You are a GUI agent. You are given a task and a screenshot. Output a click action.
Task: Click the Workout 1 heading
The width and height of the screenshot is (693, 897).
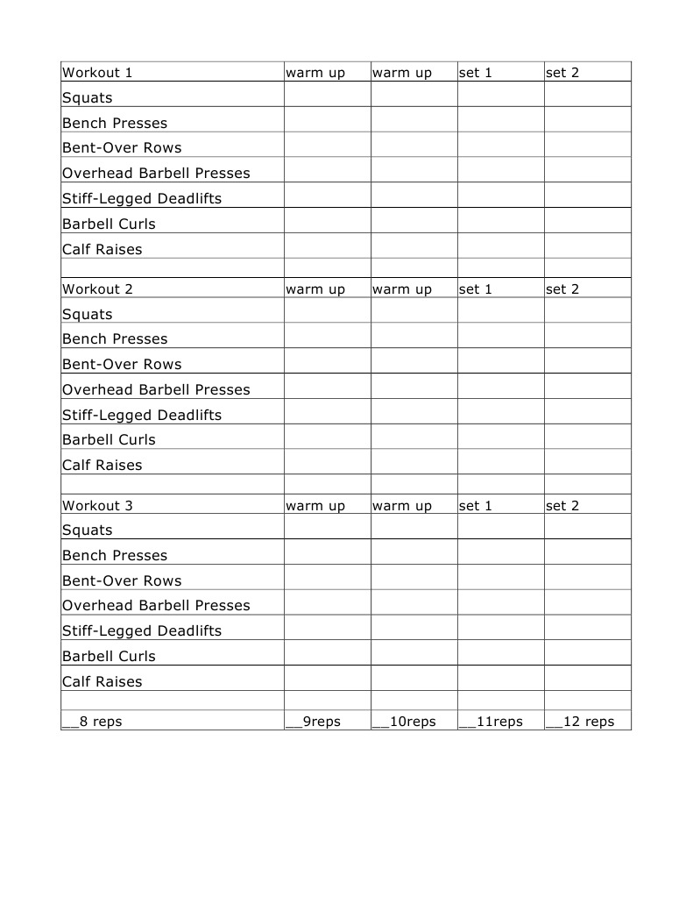tap(97, 73)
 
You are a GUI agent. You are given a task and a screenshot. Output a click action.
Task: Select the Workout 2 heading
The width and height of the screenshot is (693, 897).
tap(97, 288)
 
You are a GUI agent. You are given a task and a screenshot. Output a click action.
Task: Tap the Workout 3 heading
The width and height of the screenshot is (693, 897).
tap(97, 505)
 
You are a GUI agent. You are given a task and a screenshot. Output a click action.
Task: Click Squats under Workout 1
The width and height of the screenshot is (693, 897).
tap(88, 98)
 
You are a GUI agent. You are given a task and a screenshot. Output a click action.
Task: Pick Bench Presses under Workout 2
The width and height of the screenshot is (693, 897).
tap(115, 339)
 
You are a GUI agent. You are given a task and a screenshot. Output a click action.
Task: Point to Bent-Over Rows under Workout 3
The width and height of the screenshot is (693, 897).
tap(122, 580)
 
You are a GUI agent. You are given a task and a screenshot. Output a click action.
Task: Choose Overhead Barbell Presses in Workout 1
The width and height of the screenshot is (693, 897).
tap(156, 174)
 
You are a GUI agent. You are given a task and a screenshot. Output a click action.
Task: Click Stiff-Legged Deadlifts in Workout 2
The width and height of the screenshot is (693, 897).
tap(142, 415)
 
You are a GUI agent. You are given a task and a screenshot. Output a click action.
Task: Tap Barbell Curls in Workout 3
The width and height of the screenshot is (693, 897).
tap(109, 656)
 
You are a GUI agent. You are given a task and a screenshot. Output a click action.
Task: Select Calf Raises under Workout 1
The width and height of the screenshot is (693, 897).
tap(102, 249)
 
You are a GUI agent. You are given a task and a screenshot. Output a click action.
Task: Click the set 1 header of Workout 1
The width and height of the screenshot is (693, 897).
tap(476, 73)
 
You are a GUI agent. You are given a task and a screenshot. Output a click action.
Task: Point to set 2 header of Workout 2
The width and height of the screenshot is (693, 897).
tap(562, 288)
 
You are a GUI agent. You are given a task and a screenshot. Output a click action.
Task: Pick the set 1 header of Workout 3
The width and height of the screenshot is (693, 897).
tap(476, 505)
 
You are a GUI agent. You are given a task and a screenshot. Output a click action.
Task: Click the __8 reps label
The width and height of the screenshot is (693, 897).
tap(92, 722)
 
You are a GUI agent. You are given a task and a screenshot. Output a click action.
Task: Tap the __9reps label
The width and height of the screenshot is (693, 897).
tap(314, 722)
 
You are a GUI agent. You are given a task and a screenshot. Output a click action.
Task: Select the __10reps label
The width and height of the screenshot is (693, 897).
tap(404, 722)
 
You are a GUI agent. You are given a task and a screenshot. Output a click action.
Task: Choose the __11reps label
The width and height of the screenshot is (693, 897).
tap(491, 722)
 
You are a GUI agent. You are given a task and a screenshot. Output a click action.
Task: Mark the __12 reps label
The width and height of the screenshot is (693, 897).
tap(580, 722)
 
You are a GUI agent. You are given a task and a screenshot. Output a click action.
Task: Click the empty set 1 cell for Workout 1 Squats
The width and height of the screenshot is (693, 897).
tap(500, 94)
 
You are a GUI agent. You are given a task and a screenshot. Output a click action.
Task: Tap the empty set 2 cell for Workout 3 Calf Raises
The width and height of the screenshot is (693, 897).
tap(587, 678)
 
